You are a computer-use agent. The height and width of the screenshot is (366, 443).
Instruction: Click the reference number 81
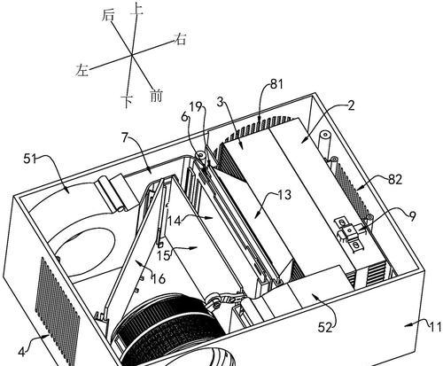[x=276, y=84]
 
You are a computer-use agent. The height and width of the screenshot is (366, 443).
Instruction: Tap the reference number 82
[x=395, y=180]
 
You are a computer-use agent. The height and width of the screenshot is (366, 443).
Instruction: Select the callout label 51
[x=29, y=160]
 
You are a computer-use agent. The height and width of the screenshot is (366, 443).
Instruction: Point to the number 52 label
[x=325, y=328]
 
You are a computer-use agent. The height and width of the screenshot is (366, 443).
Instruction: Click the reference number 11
[x=435, y=327]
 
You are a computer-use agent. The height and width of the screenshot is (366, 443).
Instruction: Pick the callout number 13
[x=284, y=195]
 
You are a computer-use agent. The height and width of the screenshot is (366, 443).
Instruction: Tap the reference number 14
[x=175, y=221]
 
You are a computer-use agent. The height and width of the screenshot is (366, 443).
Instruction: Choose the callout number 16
[x=159, y=279]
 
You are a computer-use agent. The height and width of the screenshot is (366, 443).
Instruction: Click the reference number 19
[x=196, y=107]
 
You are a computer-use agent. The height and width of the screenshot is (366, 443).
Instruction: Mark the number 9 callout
[x=413, y=217]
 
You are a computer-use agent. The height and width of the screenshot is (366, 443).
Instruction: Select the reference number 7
[x=125, y=137]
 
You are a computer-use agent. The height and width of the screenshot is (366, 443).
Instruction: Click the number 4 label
[x=21, y=352]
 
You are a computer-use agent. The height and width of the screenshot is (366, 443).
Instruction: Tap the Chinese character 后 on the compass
[x=107, y=15]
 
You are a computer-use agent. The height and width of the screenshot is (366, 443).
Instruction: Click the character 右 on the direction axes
[x=180, y=39]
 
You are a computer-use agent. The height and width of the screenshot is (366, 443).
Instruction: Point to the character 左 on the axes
[x=82, y=70]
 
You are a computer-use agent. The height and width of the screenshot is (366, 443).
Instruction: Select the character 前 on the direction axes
[x=156, y=96]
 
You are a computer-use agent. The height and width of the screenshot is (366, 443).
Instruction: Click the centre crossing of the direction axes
[x=131, y=54]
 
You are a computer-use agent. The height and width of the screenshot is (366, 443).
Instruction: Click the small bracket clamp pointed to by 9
[x=351, y=232]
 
